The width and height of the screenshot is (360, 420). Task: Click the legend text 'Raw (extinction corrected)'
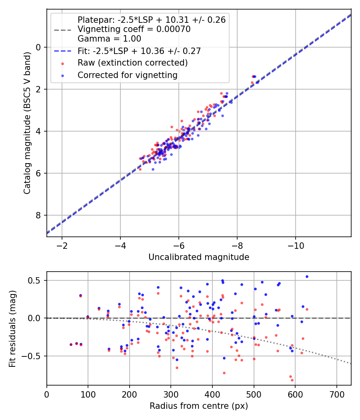pyautogui.click(x=132, y=63)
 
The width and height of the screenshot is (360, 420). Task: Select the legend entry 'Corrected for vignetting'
pyautogui.click(x=128, y=75)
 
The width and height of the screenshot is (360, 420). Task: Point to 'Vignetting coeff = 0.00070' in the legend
pyautogui.click(x=134, y=29)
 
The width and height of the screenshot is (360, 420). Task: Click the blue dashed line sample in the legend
pyautogui.click(x=63, y=51)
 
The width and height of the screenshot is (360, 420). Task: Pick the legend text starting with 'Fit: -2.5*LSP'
pyautogui.click(x=139, y=51)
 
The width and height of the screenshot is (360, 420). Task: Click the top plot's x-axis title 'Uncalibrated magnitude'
pyautogui.click(x=199, y=257)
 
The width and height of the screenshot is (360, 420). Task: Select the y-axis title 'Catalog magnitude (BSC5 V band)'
pyautogui.click(x=27, y=122)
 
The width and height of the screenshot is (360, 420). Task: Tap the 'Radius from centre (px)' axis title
pyautogui.click(x=199, y=406)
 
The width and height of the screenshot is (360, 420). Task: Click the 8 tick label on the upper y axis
pyautogui.click(x=39, y=216)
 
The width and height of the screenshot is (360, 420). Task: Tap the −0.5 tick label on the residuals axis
pyautogui.click(x=34, y=356)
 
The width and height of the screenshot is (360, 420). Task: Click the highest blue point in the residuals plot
pyautogui.click(x=307, y=276)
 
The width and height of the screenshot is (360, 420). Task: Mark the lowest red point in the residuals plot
pyautogui.click(x=292, y=380)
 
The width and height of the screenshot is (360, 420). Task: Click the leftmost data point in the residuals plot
pyautogui.click(x=71, y=344)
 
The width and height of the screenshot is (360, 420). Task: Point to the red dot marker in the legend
pyautogui.click(x=63, y=63)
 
